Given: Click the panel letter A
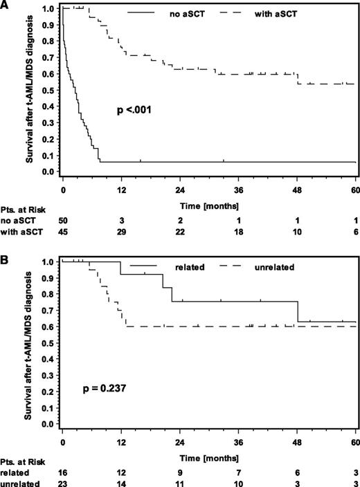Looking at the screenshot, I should [x=5, y=5].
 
